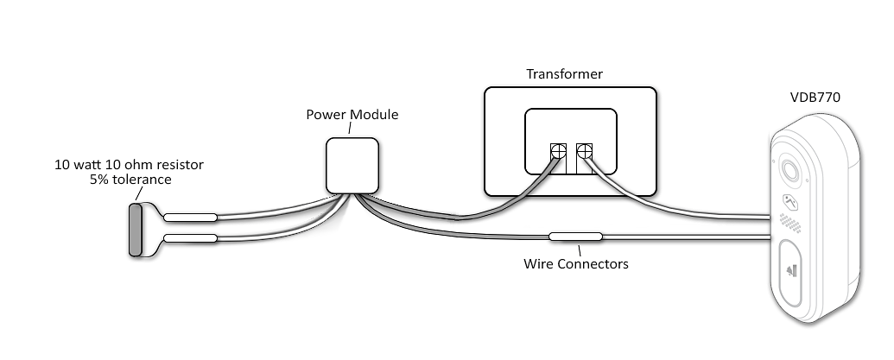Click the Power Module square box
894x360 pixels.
click(x=352, y=165)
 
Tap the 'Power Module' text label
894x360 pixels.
click(x=352, y=115)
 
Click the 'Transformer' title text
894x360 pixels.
click(x=565, y=74)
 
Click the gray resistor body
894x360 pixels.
click(x=136, y=230)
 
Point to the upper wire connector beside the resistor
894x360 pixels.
click(x=190, y=218)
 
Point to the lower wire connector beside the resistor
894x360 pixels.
click(x=190, y=239)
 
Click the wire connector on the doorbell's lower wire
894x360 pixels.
click(x=575, y=236)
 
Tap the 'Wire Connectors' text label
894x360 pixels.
click(x=576, y=263)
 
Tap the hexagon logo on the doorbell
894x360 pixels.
click(x=789, y=200)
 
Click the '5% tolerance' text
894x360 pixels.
click(x=130, y=180)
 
